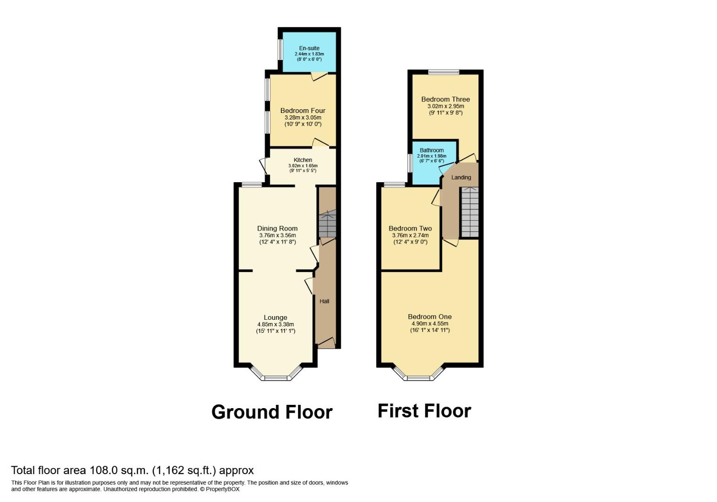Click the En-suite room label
(x=309, y=48)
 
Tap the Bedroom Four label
(x=303, y=111)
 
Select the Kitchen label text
(x=303, y=160)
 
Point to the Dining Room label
(x=277, y=228)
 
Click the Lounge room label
(x=275, y=317)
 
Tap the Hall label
(x=324, y=301)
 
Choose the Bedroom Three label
(x=445, y=99)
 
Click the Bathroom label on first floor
(x=432, y=150)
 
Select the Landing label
(x=461, y=177)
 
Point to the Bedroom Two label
(x=410, y=228)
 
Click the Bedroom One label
(x=430, y=317)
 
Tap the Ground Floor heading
(x=272, y=412)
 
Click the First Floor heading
(x=424, y=411)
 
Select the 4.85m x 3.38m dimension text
(x=275, y=324)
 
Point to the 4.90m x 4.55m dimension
(x=430, y=324)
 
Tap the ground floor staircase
(x=327, y=224)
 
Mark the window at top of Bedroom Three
(x=444, y=72)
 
